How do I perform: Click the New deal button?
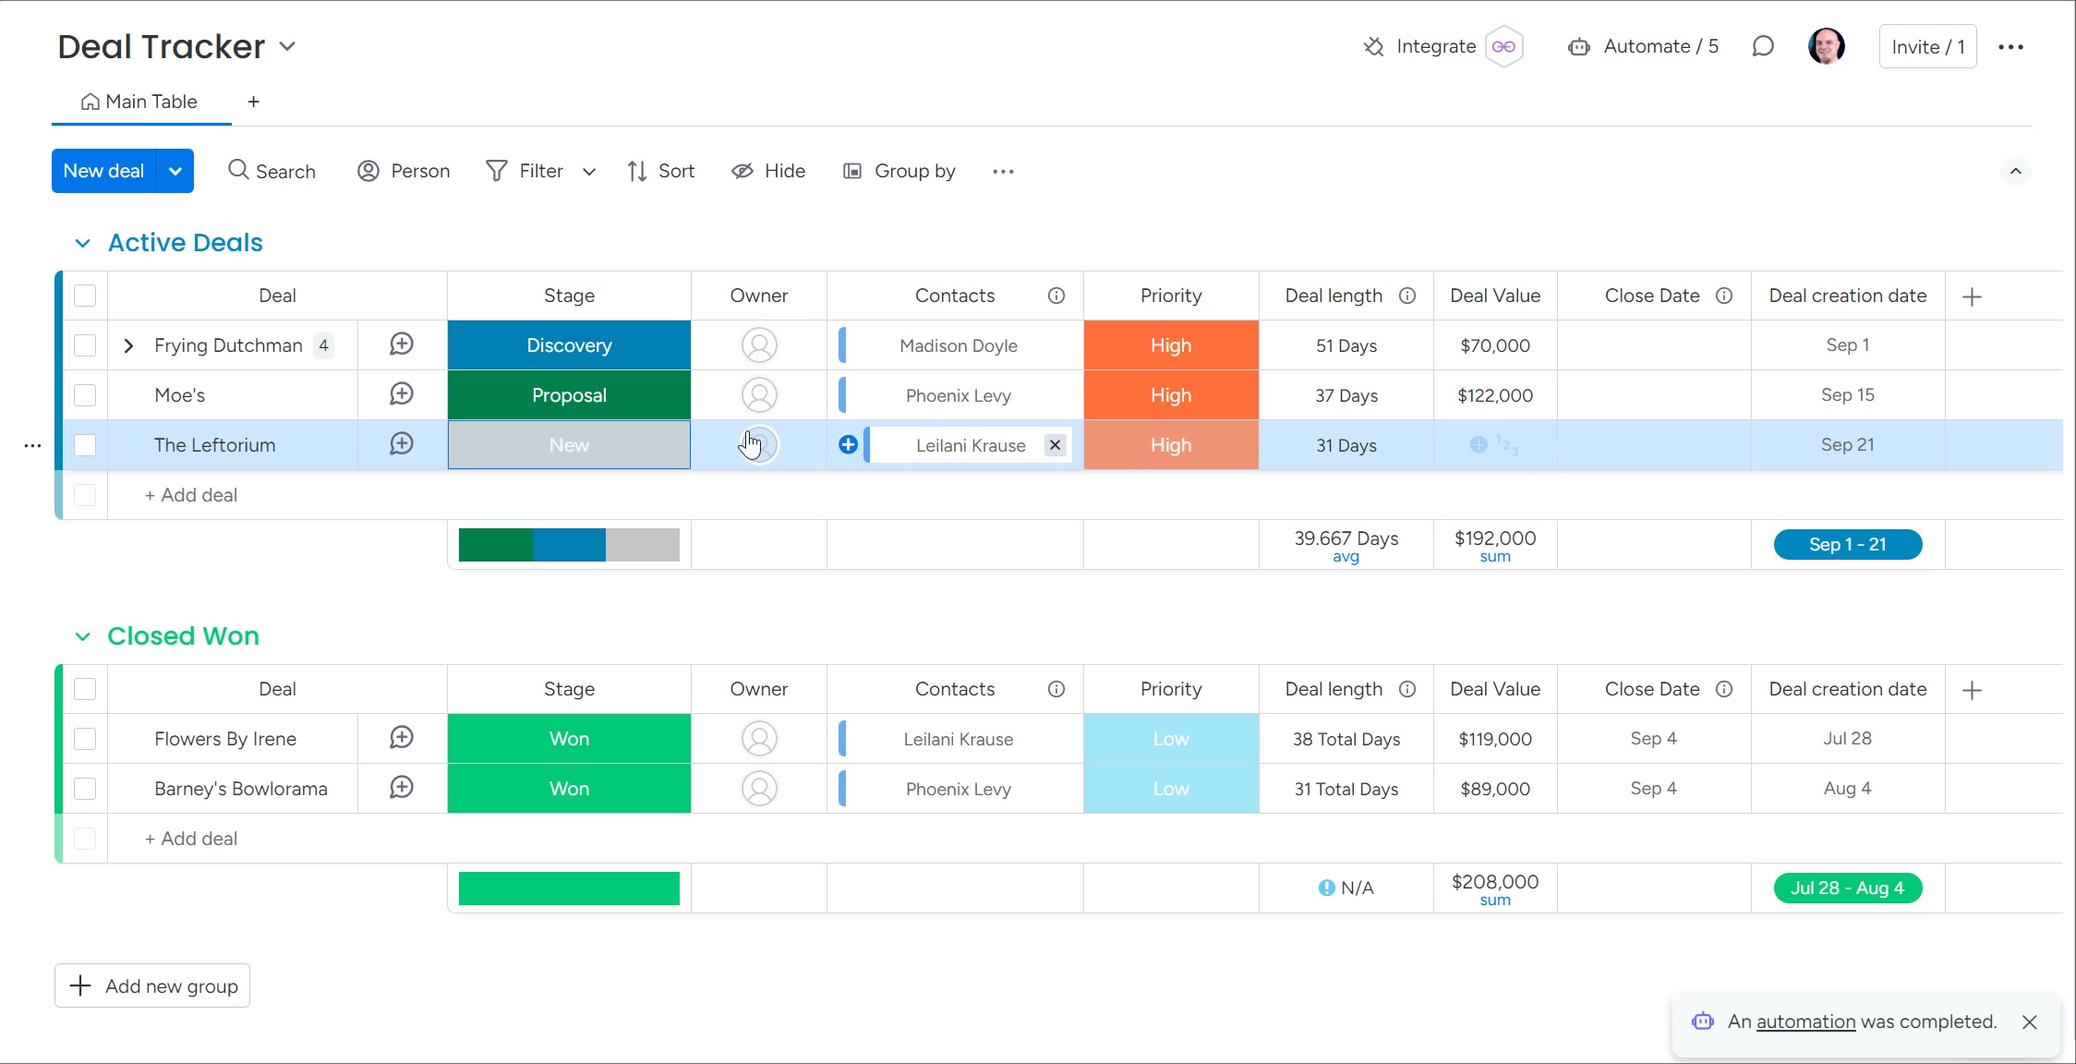coord(103,171)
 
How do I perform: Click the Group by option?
coord(899,171)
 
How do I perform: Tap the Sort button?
coord(661,171)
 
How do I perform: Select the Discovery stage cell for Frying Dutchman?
coord(569,345)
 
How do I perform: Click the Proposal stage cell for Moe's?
coord(569,395)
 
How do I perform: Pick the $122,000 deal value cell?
coord(1494,395)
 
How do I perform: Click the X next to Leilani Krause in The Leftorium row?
coord(1055,445)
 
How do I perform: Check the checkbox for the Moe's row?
coord(85,395)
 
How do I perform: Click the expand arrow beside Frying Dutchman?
coord(128,345)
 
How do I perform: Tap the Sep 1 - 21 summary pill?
coord(1847,545)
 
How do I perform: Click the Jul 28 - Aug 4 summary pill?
coord(1847,889)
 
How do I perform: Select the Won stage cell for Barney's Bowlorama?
coord(569,789)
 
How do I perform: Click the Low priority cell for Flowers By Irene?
coord(1170,739)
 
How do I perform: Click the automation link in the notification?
coord(1805,1022)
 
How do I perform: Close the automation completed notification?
coord(2029,1022)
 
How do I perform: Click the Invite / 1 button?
coord(1927,47)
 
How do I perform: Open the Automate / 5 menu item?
coord(1644,47)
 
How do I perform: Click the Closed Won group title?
coord(183,636)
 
